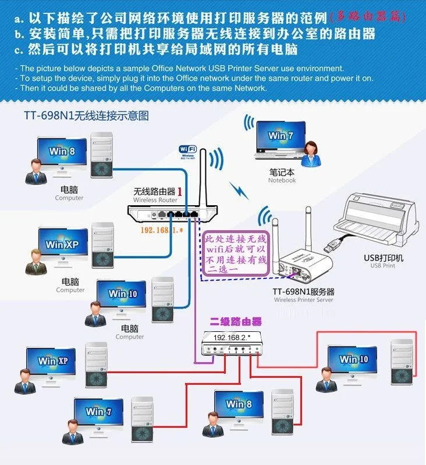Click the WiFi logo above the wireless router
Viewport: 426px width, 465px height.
[x=187, y=152]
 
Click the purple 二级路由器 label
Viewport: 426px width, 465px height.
[x=236, y=321]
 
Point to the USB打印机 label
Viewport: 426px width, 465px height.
[x=383, y=258]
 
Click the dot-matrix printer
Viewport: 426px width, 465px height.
[x=378, y=218]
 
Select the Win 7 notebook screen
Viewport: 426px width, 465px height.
[x=281, y=136]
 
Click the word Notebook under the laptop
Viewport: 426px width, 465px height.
[x=282, y=180]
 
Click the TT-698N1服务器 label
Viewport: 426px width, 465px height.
[x=303, y=292]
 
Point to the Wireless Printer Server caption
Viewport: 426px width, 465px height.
[x=303, y=300]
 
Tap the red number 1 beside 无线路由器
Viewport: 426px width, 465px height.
[x=180, y=191]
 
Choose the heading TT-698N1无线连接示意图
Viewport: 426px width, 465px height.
[x=86, y=116]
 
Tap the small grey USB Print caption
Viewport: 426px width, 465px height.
[x=382, y=266]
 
